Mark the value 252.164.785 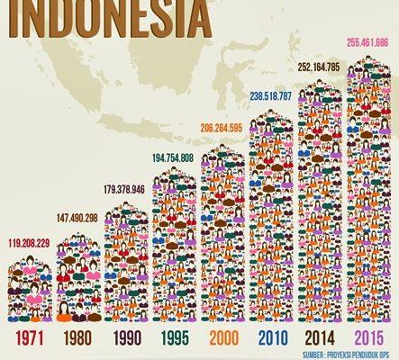click(x=321, y=67)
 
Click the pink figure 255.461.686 click(x=369, y=42)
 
